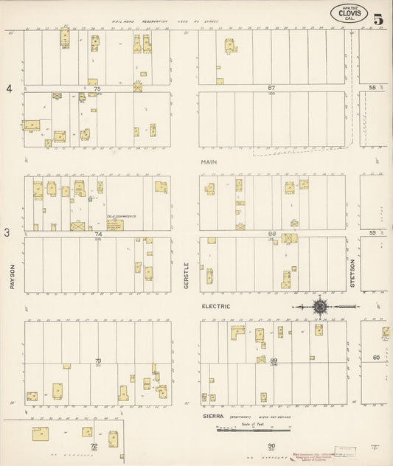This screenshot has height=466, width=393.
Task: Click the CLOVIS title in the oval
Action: click(349, 13)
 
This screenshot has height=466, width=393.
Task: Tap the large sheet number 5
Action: click(378, 20)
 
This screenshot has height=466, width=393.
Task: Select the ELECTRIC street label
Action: click(215, 306)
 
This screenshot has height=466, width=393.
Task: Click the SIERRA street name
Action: click(214, 417)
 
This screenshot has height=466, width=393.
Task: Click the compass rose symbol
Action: click(320, 306)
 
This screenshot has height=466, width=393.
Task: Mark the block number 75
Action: click(97, 88)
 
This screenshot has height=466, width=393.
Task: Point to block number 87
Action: click(271, 88)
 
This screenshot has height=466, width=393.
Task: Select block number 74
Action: click(97, 234)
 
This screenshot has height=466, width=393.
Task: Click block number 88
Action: click(271, 234)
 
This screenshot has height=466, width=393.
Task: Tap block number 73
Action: click(97, 361)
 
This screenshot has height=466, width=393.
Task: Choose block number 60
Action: click(375, 358)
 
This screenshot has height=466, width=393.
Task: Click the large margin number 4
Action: click(10, 89)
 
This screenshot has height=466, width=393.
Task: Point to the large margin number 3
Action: click(7, 234)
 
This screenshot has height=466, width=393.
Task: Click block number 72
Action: click(94, 446)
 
